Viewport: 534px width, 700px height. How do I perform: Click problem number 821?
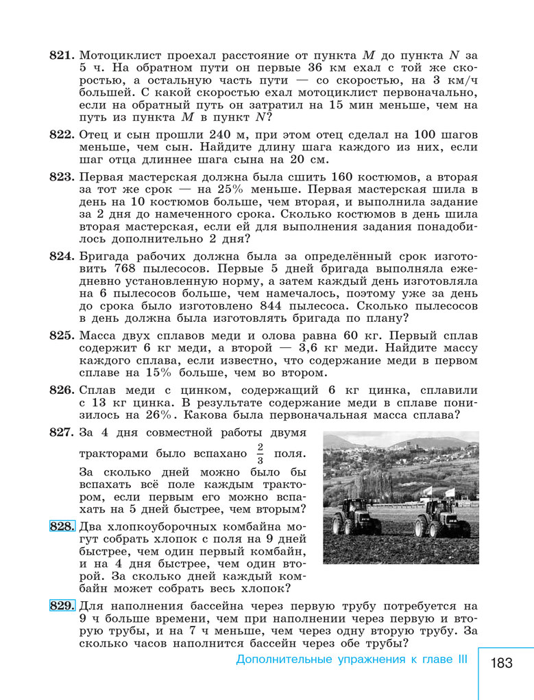point(62,54)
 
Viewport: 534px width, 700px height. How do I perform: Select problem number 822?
point(62,135)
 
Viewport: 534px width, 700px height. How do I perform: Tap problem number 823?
point(62,176)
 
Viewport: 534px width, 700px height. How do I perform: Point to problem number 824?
point(62,256)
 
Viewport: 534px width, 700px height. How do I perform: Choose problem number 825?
point(62,336)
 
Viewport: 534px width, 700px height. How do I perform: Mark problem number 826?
point(62,390)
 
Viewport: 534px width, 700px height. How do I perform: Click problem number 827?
point(62,432)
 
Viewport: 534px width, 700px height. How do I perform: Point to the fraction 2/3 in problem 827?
point(260,454)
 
